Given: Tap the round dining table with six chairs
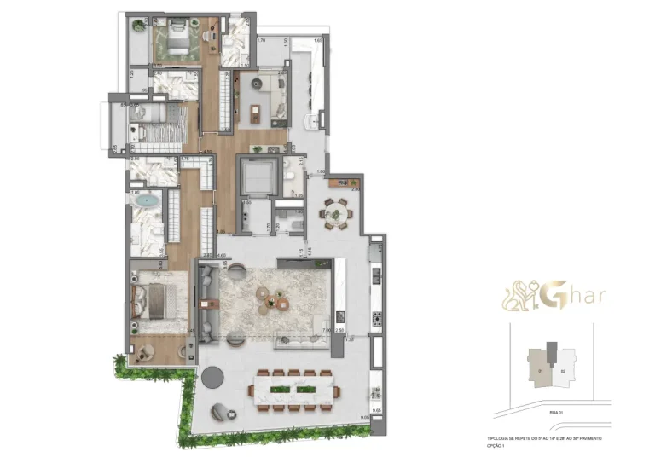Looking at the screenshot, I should click(334, 211).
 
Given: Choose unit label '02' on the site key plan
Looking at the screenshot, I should click(562, 371).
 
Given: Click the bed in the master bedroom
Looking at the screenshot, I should click(158, 301).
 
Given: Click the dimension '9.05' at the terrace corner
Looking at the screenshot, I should click(366, 417).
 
